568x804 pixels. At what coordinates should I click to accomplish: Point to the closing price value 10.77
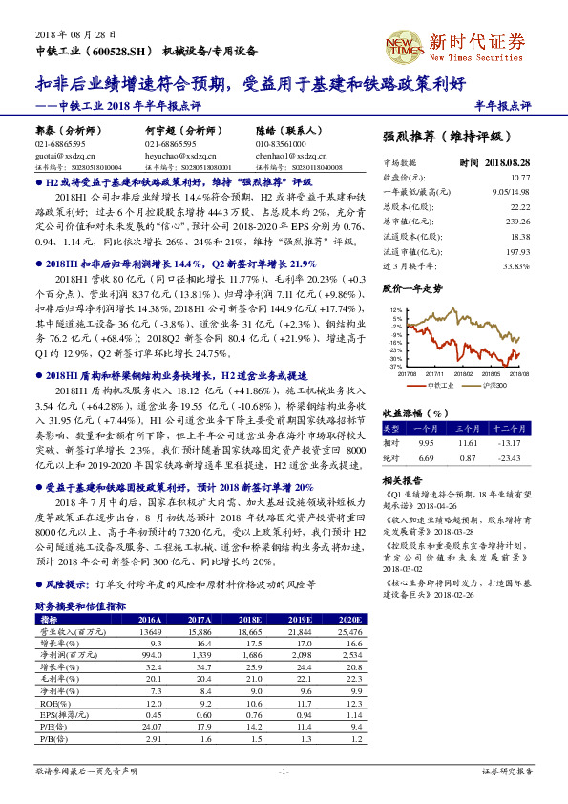pyautogui.click(x=519, y=178)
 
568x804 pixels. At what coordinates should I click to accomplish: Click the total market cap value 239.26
pyautogui.click(x=518, y=220)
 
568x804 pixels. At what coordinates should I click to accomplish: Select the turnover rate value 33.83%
pyautogui.click(x=515, y=265)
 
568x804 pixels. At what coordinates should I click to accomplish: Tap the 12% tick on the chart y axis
pyautogui.click(x=396, y=311)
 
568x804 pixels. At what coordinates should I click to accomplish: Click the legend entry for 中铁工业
pyautogui.click(x=441, y=384)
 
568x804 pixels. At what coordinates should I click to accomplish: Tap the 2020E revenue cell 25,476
pyautogui.click(x=350, y=605)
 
